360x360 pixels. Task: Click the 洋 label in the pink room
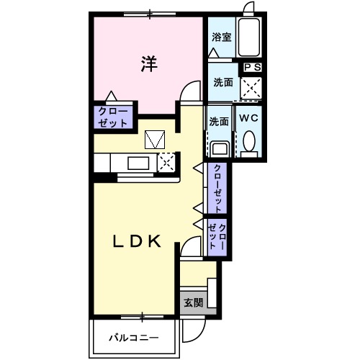click(x=148, y=64)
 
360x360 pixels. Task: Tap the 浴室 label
click(x=221, y=37)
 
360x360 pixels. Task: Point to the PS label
click(x=252, y=67)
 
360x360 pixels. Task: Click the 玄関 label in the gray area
click(x=192, y=302)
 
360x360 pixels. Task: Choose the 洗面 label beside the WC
click(x=219, y=121)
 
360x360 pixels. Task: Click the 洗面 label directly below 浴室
click(x=222, y=82)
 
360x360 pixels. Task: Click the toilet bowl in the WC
click(x=249, y=140)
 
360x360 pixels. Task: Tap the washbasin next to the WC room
click(x=220, y=148)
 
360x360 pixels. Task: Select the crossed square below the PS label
click(x=251, y=88)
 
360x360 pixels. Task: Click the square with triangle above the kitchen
click(x=155, y=139)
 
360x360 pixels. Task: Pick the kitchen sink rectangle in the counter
click(x=137, y=161)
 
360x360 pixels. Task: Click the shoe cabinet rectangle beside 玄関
click(x=212, y=291)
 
